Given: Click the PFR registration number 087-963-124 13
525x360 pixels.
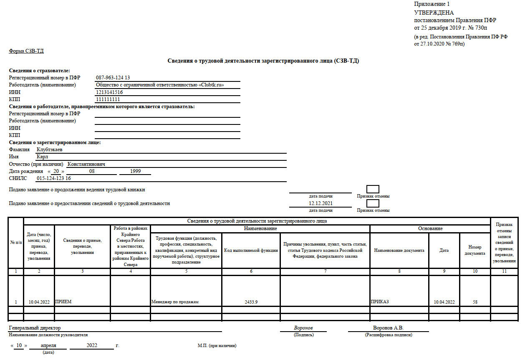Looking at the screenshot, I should pyautogui.click(x=113, y=78).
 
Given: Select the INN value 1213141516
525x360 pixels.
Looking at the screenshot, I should pyautogui.click(x=109, y=92).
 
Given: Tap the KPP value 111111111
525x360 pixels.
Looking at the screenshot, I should pyautogui.click(x=108, y=99).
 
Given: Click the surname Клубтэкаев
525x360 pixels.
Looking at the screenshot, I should pyautogui.click(x=50, y=150).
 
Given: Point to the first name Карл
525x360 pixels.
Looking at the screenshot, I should pyautogui.click(x=43, y=157).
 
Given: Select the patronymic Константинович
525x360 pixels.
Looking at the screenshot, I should pyautogui.click(x=86, y=164).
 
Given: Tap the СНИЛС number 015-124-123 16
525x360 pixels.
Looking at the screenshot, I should pyautogui.click(x=54, y=178).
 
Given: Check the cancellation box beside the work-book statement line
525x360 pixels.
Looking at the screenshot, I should pyautogui.click(x=373, y=189).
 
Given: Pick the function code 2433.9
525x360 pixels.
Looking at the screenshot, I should pyautogui.click(x=251, y=302).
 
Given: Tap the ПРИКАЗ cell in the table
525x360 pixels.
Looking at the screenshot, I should pyautogui.click(x=380, y=302).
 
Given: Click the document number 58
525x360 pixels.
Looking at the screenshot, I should pyautogui.click(x=475, y=302).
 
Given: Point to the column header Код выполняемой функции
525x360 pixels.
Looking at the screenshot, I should pyautogui.click(x=251, y=251).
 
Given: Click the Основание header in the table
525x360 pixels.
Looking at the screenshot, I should pyautogui.click(x=430, y=229).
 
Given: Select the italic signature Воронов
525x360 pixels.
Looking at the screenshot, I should pyautogui.click(x=303, y=328).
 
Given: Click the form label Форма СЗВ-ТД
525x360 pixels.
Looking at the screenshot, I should pyautogui.click(x=26, y=51).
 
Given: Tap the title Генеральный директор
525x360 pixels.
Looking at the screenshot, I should pyautogui.click(x=35, y=328).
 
